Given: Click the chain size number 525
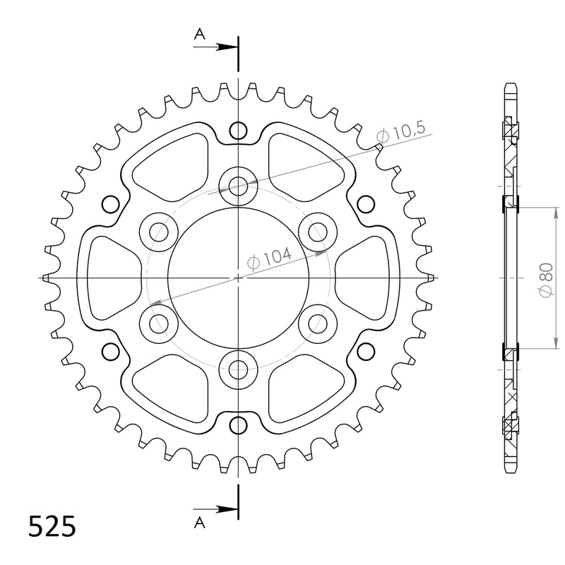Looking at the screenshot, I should coord(52,527).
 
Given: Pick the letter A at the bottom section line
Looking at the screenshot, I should coord(200,523).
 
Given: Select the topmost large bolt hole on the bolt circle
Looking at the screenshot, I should coord(239,185).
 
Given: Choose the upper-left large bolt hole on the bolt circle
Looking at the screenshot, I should coord(159,231).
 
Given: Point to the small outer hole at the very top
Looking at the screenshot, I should coord(239,131).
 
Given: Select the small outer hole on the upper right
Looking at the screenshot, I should coord(366,204).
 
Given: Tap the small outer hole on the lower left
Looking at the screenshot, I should coord(112,351).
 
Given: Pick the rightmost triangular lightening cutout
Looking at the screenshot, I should coord(366,278).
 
